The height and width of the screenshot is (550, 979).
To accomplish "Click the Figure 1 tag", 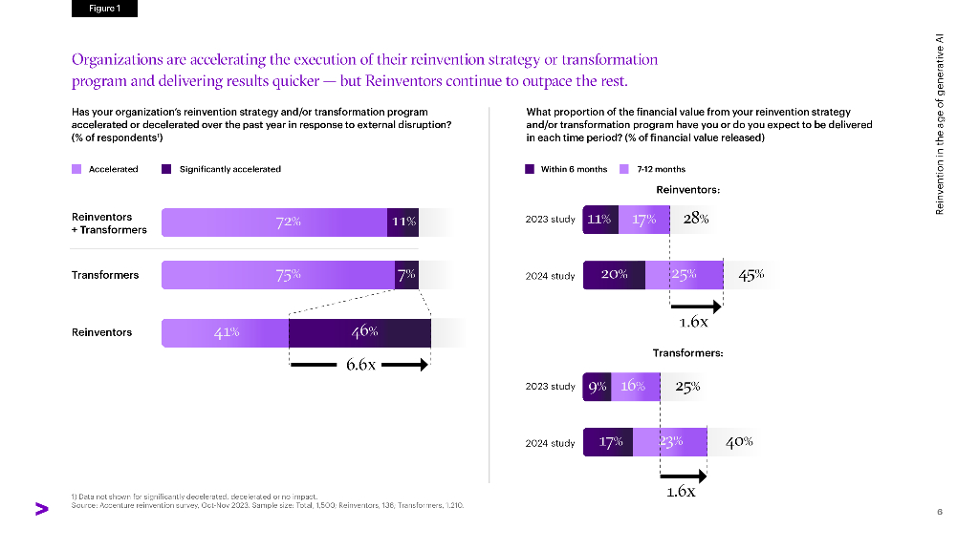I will coord(104,9).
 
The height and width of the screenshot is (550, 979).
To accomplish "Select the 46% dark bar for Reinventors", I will coord(359,332).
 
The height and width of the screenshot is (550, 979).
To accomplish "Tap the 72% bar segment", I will coord(274,222).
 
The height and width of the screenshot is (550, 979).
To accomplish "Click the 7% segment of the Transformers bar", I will coord(406,275).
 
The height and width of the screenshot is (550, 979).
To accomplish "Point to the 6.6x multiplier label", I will coord(360,365).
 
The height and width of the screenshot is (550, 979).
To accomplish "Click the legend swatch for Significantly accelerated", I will coord(166,169).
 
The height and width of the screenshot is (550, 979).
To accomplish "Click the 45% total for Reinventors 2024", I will coord(751,275).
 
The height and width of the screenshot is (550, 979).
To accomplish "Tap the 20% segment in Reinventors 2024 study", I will coord(614,275).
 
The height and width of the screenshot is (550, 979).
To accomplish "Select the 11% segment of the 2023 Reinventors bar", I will coord(599,219).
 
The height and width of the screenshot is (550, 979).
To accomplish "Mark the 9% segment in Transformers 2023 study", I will coord(597,387).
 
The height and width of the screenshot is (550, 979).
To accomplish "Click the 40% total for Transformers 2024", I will coord(739,442).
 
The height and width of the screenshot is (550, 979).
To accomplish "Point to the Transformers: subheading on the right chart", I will coord(687,353).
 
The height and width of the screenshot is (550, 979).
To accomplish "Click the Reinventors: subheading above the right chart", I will coord(687,189).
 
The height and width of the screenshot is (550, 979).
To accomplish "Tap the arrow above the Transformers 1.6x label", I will coord(683,475).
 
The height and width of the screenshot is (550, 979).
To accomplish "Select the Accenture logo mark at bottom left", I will coord(41,509).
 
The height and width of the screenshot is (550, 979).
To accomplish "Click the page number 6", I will coord(940,512).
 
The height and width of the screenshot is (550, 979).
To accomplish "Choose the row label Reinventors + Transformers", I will coord(109,223).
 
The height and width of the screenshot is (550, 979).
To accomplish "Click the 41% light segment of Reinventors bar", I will coord(226,332).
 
